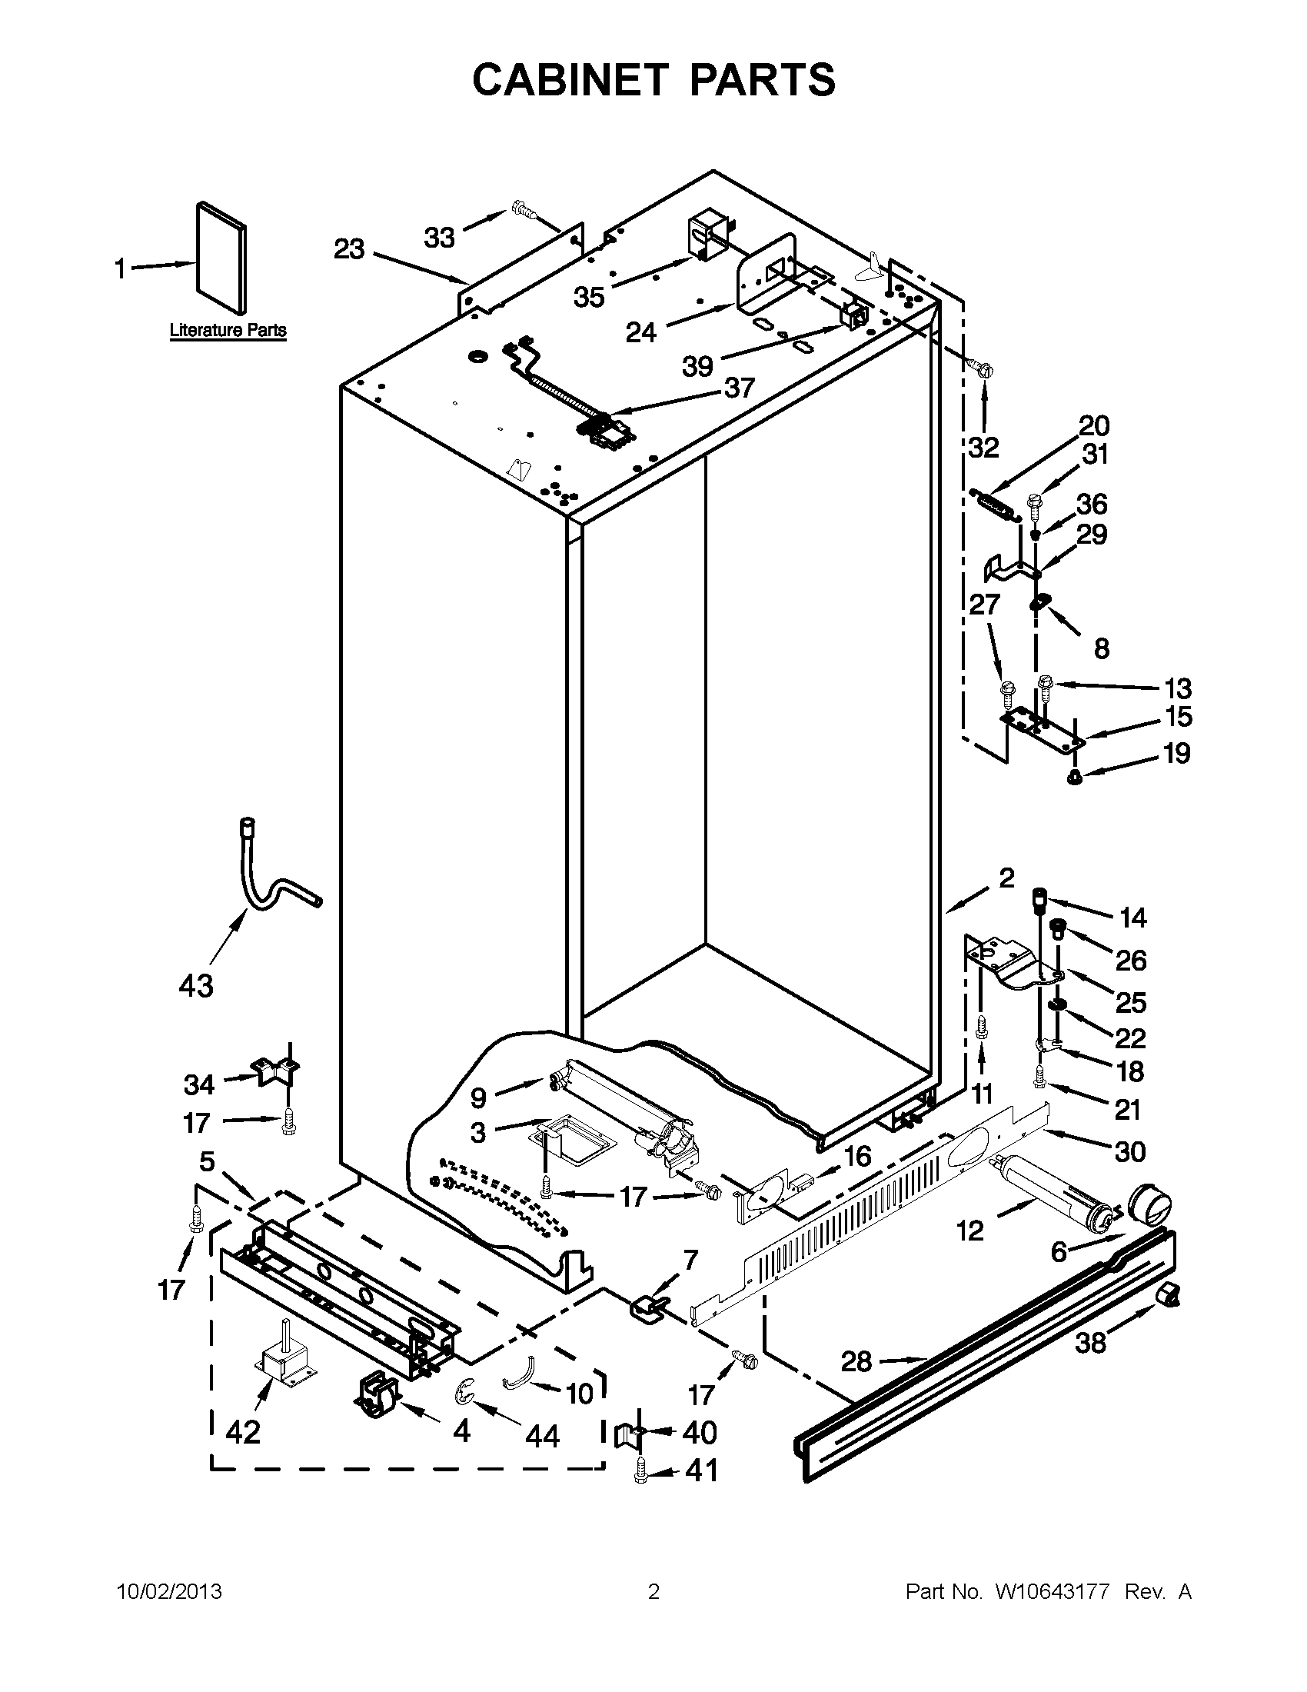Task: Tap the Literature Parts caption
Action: [x=228, y=330]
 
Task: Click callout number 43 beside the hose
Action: [x=195, y=986]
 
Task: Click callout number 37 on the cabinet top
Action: [x=739, y=387]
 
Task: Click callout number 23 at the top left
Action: [x=349, y=249]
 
